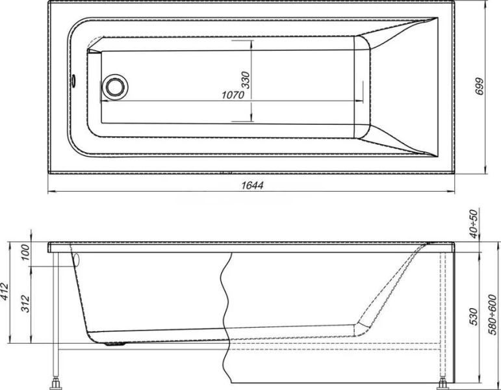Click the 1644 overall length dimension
point(253,185)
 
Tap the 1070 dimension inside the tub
point(232,95)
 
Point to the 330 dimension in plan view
point(246,79)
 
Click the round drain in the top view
point(116,86)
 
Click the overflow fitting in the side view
point(76,259)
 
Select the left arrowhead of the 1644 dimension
point(52,192)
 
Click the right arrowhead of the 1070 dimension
point(361,101)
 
